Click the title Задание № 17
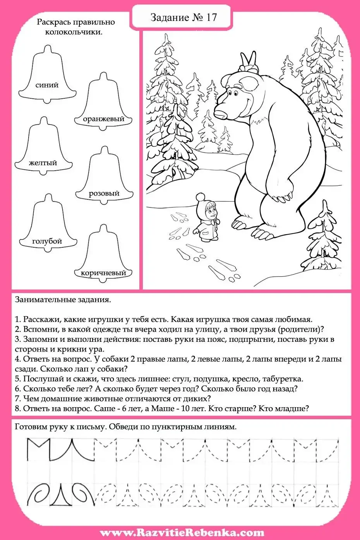tap(183, 17)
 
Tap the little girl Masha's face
tap(211, 212)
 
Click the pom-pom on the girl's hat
tap(200, 197)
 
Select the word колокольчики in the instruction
tap(74, 32)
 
